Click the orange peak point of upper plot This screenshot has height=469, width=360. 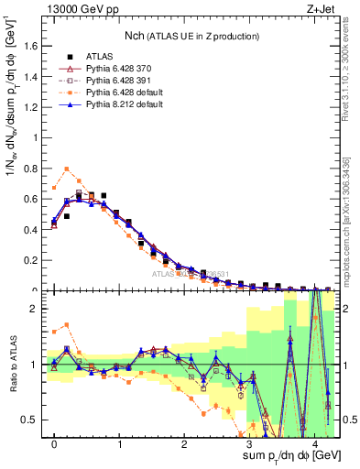click(67, 169)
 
